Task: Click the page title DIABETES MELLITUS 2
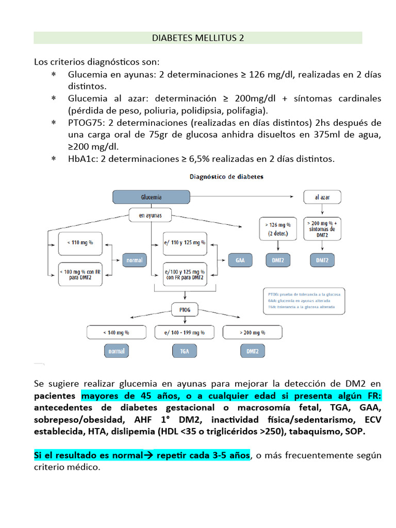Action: pyautogui.click(x=198, y=38)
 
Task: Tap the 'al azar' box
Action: pyautogui.click(x=322, y=197)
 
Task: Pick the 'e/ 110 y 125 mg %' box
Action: pyautogui.click(x=184, y=242)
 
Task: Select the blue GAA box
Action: pyautogui.click(x=240, y=260)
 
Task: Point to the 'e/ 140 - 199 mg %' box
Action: pyautogui.click(x=185, y=333)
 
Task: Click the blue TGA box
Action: pyautogui.click(x=185, y=352)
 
